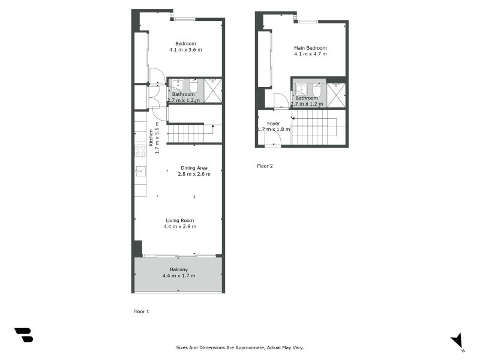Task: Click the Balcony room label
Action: point(179,269)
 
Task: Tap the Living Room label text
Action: point(179,220)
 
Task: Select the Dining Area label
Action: point(194,168)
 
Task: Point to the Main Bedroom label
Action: point(310,48)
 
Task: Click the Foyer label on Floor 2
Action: point(274,124)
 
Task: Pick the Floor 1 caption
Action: point(140,311)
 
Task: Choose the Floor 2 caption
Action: point(265,166)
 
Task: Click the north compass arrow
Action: point(458,340)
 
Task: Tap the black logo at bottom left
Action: point(23,335)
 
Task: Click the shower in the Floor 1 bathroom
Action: point(213,89)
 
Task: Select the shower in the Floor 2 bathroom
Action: point(336,95)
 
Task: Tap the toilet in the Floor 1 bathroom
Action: point(193,88)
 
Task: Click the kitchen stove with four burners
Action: point(140,150)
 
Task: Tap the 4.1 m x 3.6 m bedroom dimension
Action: point(185,50)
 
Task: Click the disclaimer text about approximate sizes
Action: point(240,347)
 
